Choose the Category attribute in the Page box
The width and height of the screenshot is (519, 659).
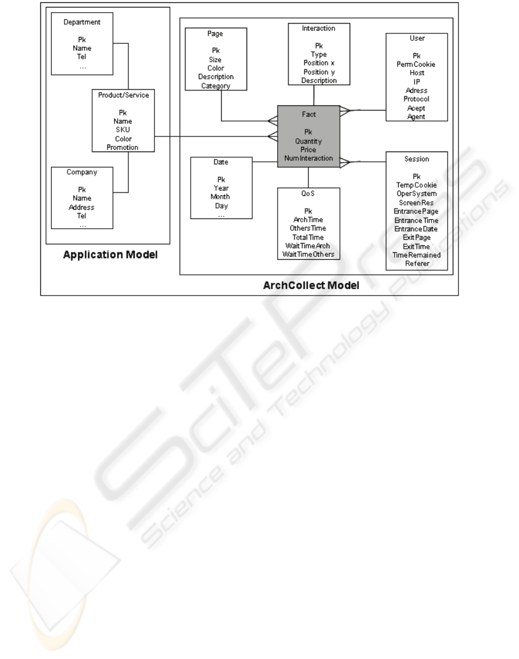215,86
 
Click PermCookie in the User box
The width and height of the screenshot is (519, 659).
416,64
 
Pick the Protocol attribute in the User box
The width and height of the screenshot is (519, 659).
416,99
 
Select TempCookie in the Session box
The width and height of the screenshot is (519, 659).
416,185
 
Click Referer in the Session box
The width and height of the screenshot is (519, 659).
416,263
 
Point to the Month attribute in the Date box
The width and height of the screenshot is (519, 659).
221,196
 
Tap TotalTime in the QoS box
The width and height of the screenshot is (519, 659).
308,237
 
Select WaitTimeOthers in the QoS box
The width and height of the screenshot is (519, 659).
308,255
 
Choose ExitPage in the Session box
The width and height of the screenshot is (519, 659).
416,237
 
